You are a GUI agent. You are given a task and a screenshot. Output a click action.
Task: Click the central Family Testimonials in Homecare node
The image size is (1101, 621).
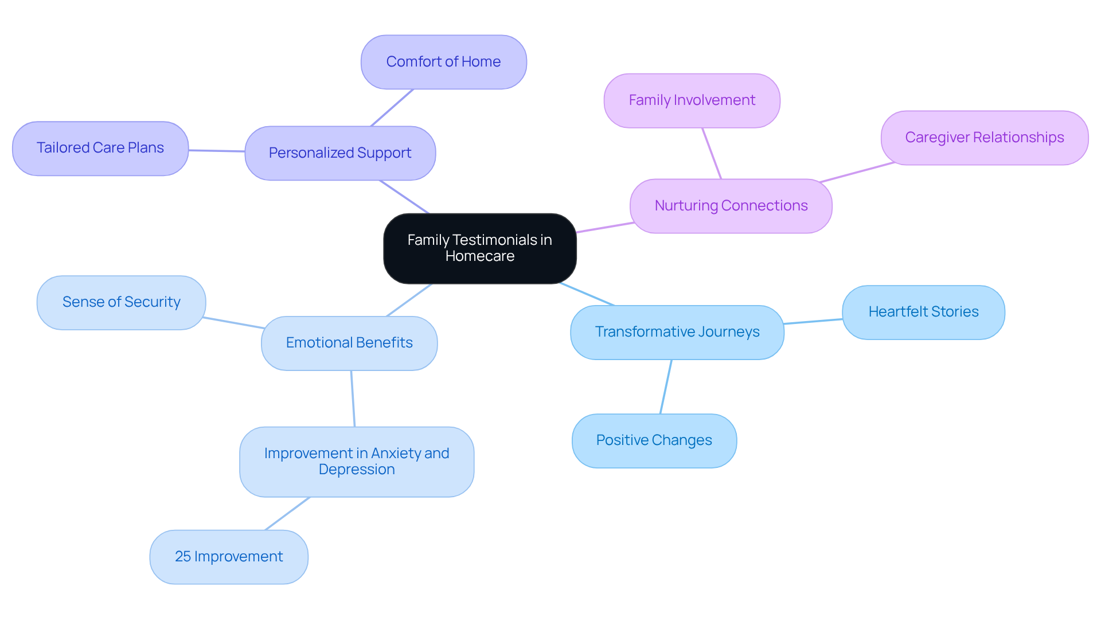click(x=479, y=248)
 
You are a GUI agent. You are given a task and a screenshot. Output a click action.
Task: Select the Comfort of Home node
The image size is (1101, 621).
click(x=443, y=62)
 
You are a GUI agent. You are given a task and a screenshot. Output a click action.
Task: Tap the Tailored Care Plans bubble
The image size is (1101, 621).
click(x=100, y=148)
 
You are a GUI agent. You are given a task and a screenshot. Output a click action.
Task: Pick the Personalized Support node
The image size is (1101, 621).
click(x=340, y=153)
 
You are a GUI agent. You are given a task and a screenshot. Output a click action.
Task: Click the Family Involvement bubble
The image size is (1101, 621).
click(x=692, y=100)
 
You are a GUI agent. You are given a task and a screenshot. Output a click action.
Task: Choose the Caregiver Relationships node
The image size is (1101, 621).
click(x=984, y=138)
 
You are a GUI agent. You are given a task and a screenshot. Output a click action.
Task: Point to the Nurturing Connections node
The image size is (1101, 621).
click(x=731, y=206)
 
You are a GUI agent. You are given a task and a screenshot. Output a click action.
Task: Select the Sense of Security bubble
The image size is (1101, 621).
click(x=121, y=302)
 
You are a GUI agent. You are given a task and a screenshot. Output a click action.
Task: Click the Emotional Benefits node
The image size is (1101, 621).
click(x=349, y=343)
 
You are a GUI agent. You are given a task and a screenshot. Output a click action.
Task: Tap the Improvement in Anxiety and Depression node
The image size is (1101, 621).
click(x=357, y=461)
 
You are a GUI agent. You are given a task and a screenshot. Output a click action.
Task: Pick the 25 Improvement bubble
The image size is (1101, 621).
click(x=229, y=557)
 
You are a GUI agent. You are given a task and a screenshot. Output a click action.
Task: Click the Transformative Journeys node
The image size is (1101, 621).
click(x=677, y=332)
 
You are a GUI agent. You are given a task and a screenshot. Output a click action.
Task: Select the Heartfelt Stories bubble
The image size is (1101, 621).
click(x=923, y=312)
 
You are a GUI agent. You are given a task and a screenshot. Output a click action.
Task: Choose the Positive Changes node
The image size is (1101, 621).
click(x=654, y=440)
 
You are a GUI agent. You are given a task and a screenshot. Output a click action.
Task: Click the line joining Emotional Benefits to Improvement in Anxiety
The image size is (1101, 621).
click(x=353, y=399)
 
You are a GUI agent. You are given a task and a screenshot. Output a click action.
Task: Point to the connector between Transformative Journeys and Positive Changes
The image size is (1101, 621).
click(x=666, y=386)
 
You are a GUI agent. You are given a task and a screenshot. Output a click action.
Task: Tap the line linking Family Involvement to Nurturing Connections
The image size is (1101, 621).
click(x=712, y=153)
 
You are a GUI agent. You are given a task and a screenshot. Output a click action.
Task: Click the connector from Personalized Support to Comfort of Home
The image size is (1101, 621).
click(x=392, y=108)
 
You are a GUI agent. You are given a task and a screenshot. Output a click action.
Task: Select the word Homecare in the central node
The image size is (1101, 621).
click(x=479, y=256)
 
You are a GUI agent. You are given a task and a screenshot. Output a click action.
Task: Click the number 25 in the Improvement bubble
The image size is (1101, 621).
click(x=182, y=557)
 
